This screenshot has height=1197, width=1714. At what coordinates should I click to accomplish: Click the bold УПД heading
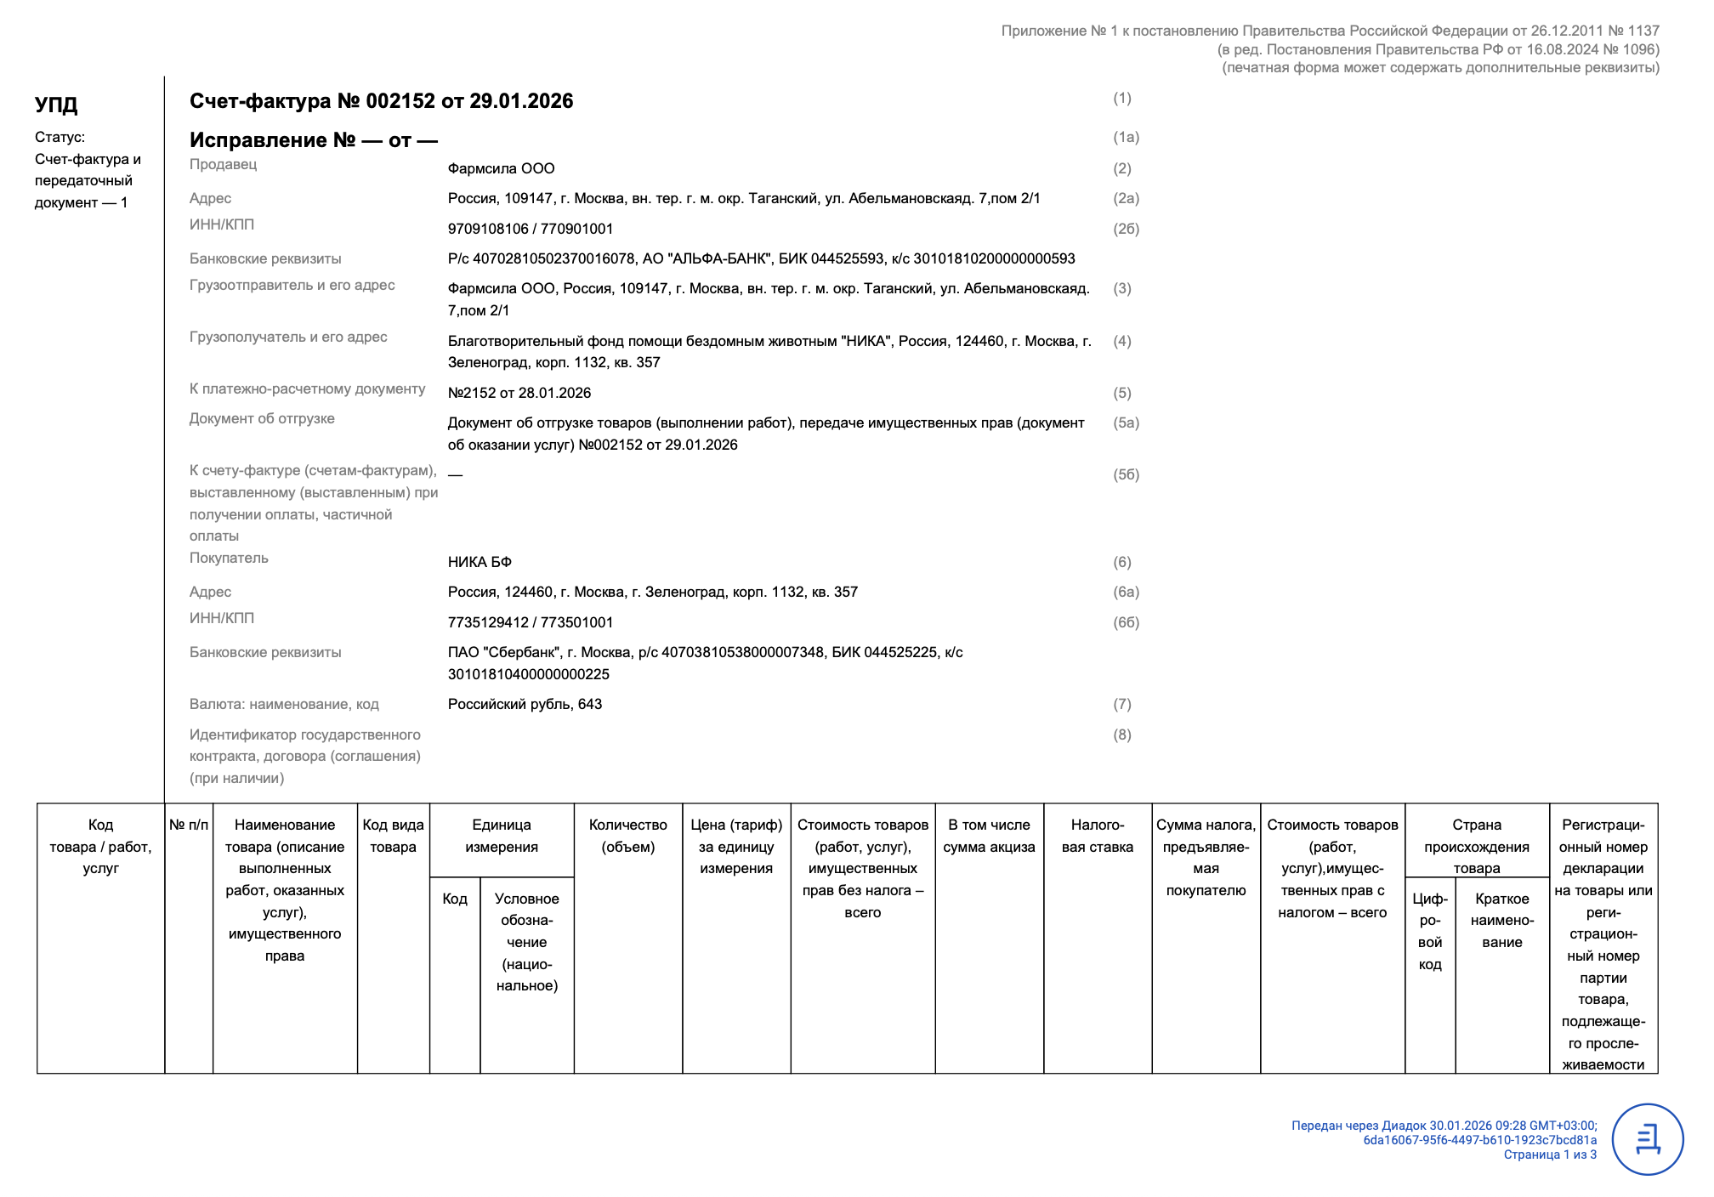coord(56,105)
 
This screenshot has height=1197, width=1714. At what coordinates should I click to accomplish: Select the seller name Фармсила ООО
coord(501,168)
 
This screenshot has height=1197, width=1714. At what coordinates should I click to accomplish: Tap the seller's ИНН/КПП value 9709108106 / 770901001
coord(530,229)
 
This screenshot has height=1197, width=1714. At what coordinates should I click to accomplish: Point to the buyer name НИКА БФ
coord(480,562)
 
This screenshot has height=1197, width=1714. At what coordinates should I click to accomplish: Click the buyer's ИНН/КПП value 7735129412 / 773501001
coord(530,622)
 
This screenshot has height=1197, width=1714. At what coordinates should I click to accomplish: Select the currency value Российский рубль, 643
coord(525,704)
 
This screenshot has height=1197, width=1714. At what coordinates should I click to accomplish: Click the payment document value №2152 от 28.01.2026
coord(519,393)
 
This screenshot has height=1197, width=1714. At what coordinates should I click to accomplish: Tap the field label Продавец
coord(223,164)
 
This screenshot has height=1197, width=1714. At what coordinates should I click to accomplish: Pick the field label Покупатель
coord(229,558)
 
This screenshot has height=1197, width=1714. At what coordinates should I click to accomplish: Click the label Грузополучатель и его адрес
coord(288,337)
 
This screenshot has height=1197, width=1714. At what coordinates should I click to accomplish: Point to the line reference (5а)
coord(1126,423)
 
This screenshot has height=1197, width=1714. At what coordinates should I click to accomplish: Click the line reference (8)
coord(1122,735)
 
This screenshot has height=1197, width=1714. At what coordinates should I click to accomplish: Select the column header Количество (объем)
coord(627,836)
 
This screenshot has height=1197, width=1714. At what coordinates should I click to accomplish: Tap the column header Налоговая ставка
coord(1097,836)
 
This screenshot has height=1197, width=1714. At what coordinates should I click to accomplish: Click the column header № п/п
coord(189,825)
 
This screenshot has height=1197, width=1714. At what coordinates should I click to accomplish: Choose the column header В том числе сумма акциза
coord(989,836)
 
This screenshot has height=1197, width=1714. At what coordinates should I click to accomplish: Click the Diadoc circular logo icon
coord(1648,1139)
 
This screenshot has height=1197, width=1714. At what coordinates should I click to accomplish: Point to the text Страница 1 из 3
coord(1549,1154)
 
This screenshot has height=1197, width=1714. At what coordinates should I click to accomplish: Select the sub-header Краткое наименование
coord(1501,921)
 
